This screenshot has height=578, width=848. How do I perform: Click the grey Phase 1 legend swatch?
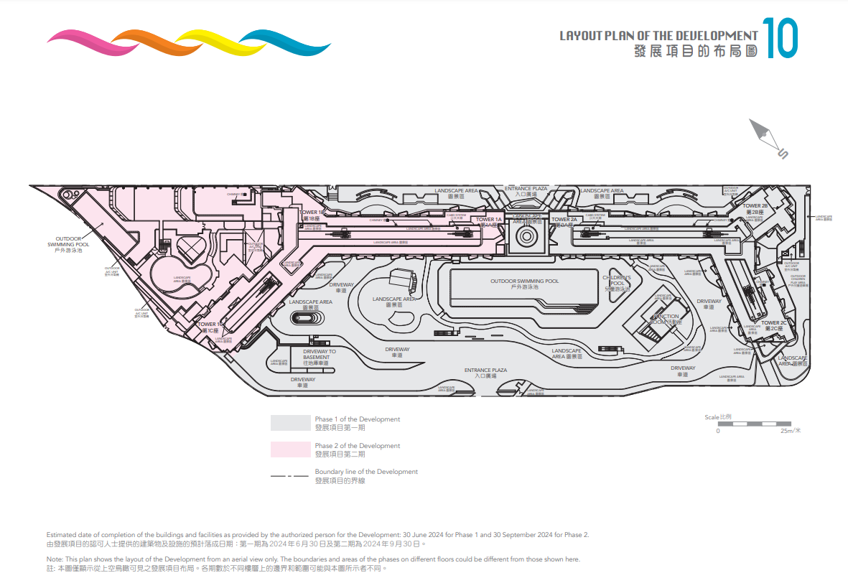[x=289, y=423]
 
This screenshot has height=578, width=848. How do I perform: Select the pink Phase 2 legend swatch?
[x=289, y=449]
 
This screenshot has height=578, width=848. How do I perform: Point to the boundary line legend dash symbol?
[x=289, y=476]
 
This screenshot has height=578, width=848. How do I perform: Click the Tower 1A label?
[x=489, y=220]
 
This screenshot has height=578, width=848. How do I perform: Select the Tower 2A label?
[x=564, y=220]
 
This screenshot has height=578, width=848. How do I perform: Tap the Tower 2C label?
[x=774, y=323]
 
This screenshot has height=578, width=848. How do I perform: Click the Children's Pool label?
[x=616, y=281]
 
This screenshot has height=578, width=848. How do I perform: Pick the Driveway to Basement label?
[x=320, y=355]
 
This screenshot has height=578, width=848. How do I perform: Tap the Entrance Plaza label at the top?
[x=526, y=189]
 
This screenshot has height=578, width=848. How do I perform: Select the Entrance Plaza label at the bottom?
[x=490, y=370]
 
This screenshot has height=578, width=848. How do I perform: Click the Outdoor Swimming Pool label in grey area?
[x=524, y=281]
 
